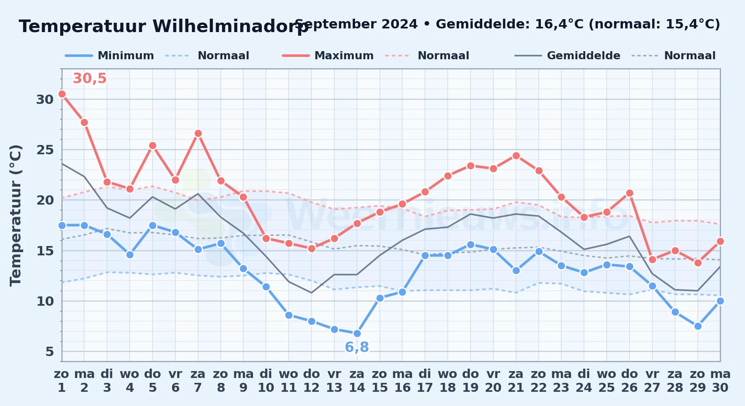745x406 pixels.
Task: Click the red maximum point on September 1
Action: (62, 94)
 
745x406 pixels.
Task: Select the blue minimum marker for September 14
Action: (357, 333)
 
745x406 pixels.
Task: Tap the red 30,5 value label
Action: (89, 78)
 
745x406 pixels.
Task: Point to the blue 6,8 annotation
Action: (357, 347)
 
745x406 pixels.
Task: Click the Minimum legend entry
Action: (109, 56)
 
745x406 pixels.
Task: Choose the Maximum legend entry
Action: (328, 56)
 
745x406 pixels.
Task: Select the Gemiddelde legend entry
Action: (567, 56)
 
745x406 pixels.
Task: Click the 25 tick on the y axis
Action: (45, 150)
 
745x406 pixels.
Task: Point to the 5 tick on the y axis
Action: (50, 352)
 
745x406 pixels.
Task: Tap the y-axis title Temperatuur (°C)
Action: (15, 215)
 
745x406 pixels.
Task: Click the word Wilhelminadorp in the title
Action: (231, 26)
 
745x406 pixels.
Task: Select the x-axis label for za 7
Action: (198, 381)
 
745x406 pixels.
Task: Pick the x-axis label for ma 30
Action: (720, 381)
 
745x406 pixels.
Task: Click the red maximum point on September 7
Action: (198, 133)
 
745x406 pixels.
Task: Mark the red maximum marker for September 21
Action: (516, 155)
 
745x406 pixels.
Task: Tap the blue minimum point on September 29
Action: (698, 326)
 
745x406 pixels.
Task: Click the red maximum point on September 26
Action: (630, 193)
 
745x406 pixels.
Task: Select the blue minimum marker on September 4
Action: (130, 255)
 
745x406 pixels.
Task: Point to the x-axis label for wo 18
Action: (448, 381)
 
